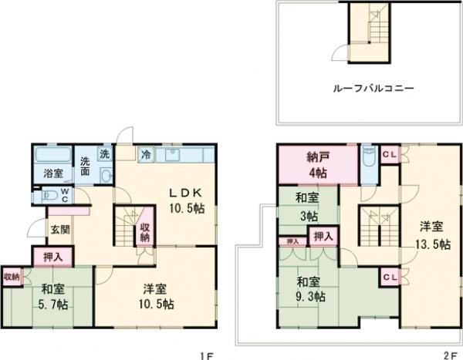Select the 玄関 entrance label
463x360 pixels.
click(60, 230)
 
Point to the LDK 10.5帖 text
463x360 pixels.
click(184, 198)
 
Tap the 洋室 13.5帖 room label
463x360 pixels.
click(430, 235)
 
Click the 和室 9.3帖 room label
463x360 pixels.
click(309, 288)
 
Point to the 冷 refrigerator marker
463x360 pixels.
click(144, 155)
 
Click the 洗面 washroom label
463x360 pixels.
click(86, 167)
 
